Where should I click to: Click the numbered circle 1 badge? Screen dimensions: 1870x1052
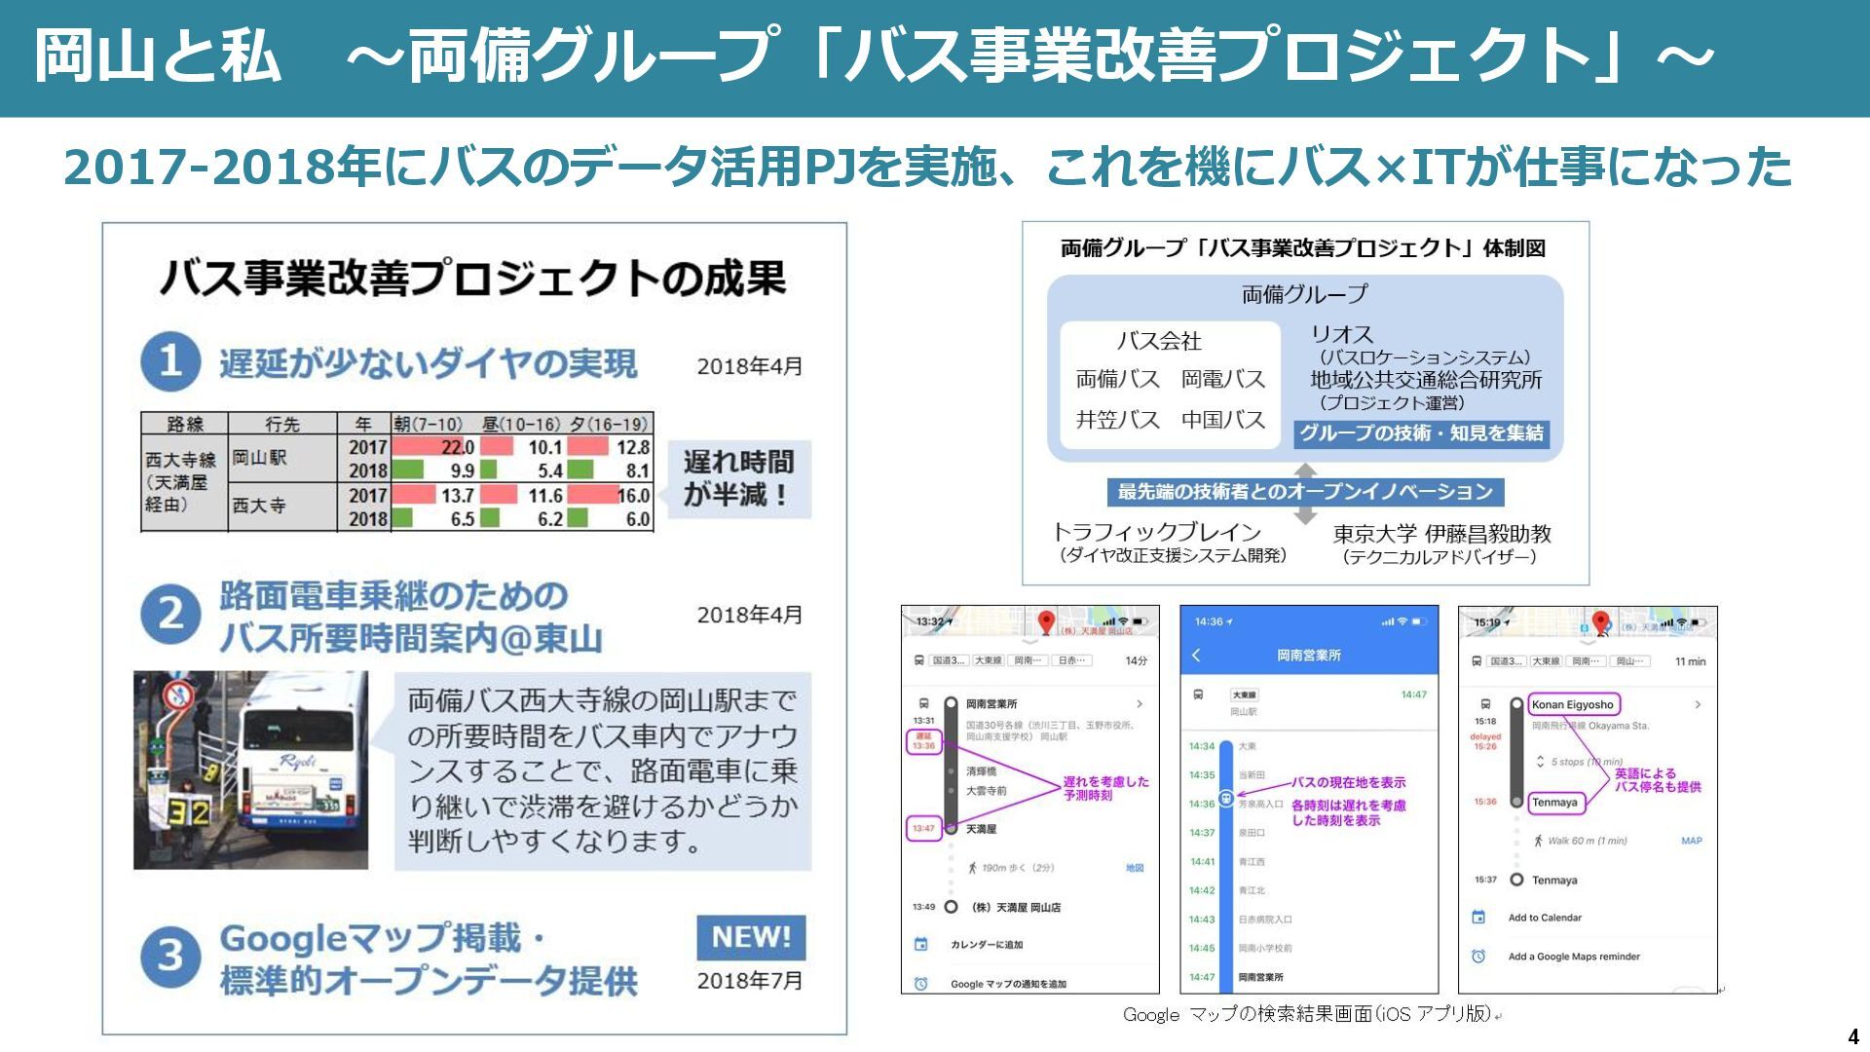(x=170, y=361)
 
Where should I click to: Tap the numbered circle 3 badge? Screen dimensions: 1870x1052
(x=170, y=956)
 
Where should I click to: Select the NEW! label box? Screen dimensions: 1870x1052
(x=751, y=937)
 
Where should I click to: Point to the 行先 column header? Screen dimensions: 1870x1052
(x=282, y=424)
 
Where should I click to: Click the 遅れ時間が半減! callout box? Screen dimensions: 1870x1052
(x=738, y=478)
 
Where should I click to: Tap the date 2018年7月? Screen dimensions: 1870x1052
(x=749, y=981)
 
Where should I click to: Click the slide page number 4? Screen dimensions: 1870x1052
(x=1852, y=1036)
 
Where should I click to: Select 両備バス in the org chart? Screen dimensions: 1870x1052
(x=1117, y=379)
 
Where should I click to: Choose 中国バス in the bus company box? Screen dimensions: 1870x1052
(x=1222, y=420)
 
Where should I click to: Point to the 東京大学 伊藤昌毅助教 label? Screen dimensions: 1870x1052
(x=1441, y=534)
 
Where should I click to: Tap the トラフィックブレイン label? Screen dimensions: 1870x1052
(x=1157, y=532)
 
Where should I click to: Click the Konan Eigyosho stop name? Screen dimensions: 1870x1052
(x=1572, y=704)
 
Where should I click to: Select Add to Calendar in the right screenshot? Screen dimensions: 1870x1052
(x=1545, y=918)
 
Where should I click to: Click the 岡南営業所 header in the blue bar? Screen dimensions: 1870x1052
(x=1308, y=656)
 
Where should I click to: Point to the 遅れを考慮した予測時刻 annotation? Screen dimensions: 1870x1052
(x=1105, y=788)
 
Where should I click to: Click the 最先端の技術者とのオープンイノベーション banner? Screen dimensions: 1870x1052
(x=1305, y=492)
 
